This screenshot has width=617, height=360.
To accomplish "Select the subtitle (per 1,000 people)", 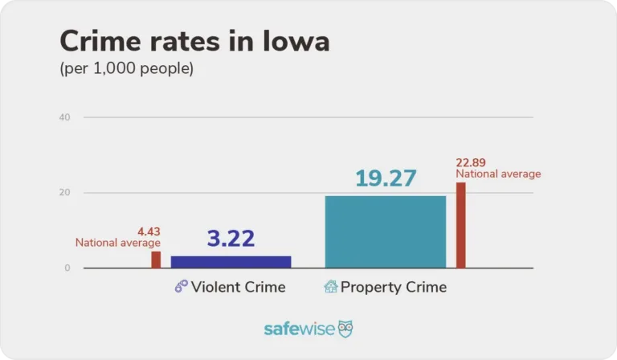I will pyautogui.click(x=127, y=69).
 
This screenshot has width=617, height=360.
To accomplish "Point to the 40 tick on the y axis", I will pyautogui.click(x=65, y=117).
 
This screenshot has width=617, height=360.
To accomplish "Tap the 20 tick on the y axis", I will pyautogui.click(x=65, y=193).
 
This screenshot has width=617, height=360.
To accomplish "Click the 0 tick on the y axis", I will pyautogui.click(x=67, y=268).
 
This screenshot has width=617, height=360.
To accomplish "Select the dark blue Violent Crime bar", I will pyautogui.click(x=231, y=262).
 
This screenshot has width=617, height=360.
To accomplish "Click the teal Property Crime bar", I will pyautogui.click(x=385, y=231).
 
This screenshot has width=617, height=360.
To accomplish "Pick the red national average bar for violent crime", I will pyautogui.click(x=156, y=260).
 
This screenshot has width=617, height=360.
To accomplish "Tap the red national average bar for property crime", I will pyautogui.click(x=461, y=225).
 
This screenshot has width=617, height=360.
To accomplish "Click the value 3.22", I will pyautogui.click(x=231, y=239).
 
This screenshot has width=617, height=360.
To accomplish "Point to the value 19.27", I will pyautogui.click(x=386, y=178).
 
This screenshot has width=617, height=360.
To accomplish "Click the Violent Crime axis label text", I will pyautogui.click(x=238, y=287).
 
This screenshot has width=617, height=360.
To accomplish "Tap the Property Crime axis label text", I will pyautogui.click(x=393, y=287).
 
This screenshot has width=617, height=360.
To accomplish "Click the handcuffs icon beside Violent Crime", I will pyautogui.click(x=181, y=287).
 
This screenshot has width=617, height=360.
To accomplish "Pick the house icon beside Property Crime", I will pyautogui.click(x=330, y=287).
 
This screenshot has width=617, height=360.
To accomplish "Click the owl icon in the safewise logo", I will pyautogui.click(x=345, y=329).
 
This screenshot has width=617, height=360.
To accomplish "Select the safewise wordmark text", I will pyautogui.click(x=298, y=329).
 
